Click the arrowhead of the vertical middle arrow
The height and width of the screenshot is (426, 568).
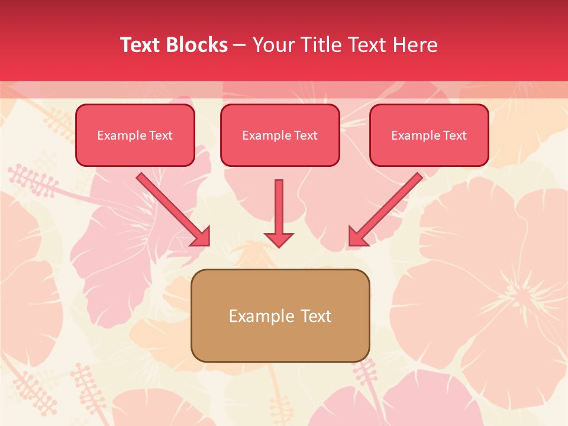click(279, 239)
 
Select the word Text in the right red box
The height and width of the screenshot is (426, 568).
click(454, 135)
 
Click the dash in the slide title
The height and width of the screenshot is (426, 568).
click(240, 46)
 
